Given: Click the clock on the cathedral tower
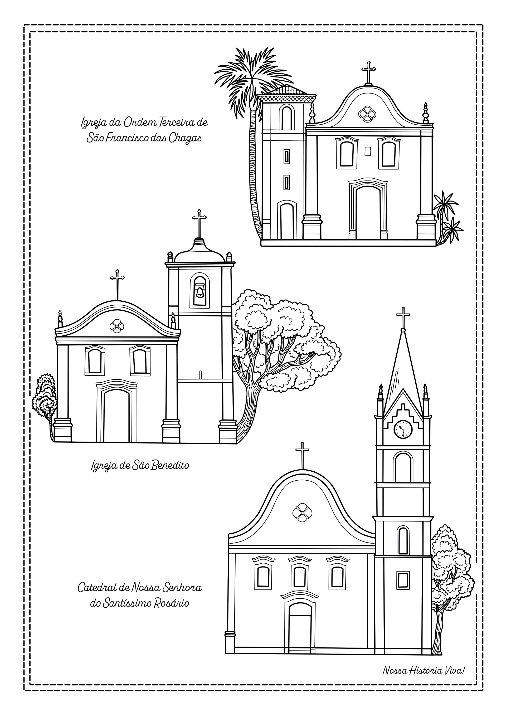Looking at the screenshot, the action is tap(403, 429).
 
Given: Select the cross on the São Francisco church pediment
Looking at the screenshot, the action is tap(369, 71).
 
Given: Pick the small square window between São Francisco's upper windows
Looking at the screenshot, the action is tap(368, 151).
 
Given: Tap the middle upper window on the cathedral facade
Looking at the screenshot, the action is tap(299, 576).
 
